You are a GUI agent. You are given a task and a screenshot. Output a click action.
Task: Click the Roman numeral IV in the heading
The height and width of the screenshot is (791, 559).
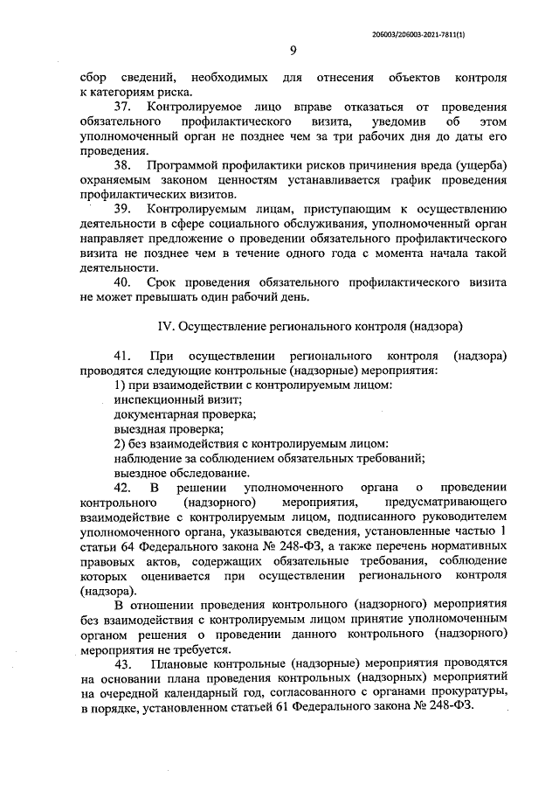point(166,325)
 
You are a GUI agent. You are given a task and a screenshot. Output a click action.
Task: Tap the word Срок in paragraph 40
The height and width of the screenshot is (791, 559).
point(162,281)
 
